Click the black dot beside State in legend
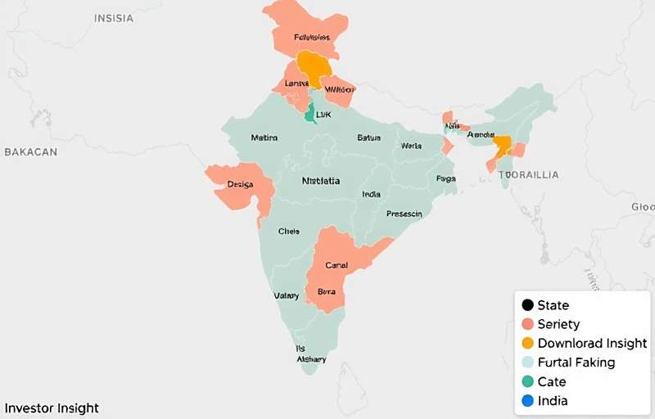point(527,305)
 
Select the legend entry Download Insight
point(592,344)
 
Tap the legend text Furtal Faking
point(576,363)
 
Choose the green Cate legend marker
point(527,381)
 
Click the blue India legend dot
point(527,401)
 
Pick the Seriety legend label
point(558,325)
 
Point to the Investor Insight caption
point(52,408)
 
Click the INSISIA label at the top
point(113,18)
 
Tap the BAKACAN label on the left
point(31,152)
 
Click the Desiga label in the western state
point(241,185)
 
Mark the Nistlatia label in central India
point(321,181)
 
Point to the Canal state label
point(337,265)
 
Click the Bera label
point(327,291)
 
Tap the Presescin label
point(404,214)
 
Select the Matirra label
point(264,137)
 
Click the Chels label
point(289,232)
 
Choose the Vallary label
point(286,295)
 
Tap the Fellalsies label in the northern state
point(311,38)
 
